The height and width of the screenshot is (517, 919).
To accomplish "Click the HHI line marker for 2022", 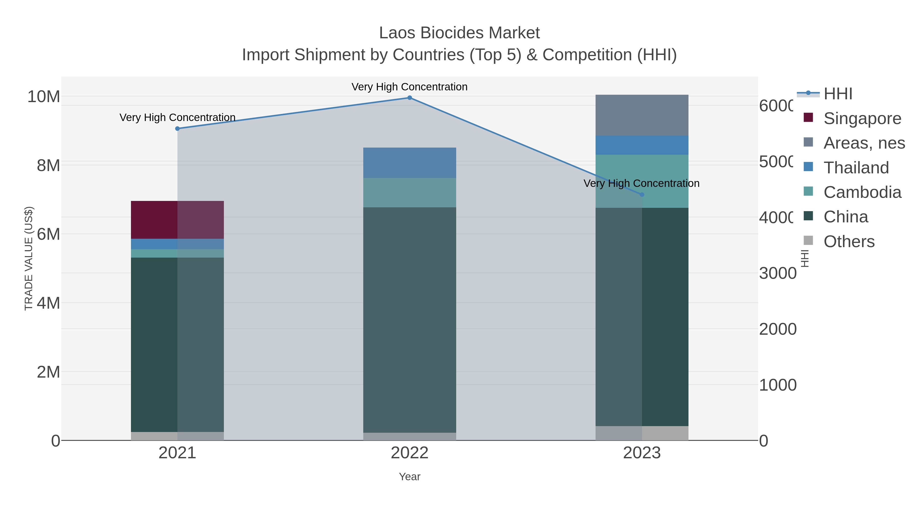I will [409, 98].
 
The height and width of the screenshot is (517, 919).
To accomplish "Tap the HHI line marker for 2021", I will [177, 128].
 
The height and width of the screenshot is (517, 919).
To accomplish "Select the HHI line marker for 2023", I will [642, 195].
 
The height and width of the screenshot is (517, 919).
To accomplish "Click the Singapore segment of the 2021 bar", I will [177, 220].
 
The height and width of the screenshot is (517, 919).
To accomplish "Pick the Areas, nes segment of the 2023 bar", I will [642, 115].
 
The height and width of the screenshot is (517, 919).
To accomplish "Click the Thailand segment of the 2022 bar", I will [409, 163].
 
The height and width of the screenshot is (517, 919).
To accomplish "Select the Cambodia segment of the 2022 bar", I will [409, 193].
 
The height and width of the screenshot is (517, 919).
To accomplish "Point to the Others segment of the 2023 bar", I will [642, 433].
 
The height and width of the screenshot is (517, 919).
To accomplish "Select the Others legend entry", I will [849, 242].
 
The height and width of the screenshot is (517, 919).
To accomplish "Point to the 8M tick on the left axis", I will [49, 165].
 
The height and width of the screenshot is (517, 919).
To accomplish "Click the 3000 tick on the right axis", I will [778, 273].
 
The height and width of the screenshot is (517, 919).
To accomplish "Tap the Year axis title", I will [409, 477].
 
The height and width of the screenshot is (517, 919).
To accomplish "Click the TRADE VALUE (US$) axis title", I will [29, 258].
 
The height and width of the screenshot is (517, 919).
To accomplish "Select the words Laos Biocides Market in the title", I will [459, 33].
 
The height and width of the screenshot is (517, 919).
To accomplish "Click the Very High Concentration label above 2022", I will [409, 87].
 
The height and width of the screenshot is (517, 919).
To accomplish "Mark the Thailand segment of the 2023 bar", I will [642, 145].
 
